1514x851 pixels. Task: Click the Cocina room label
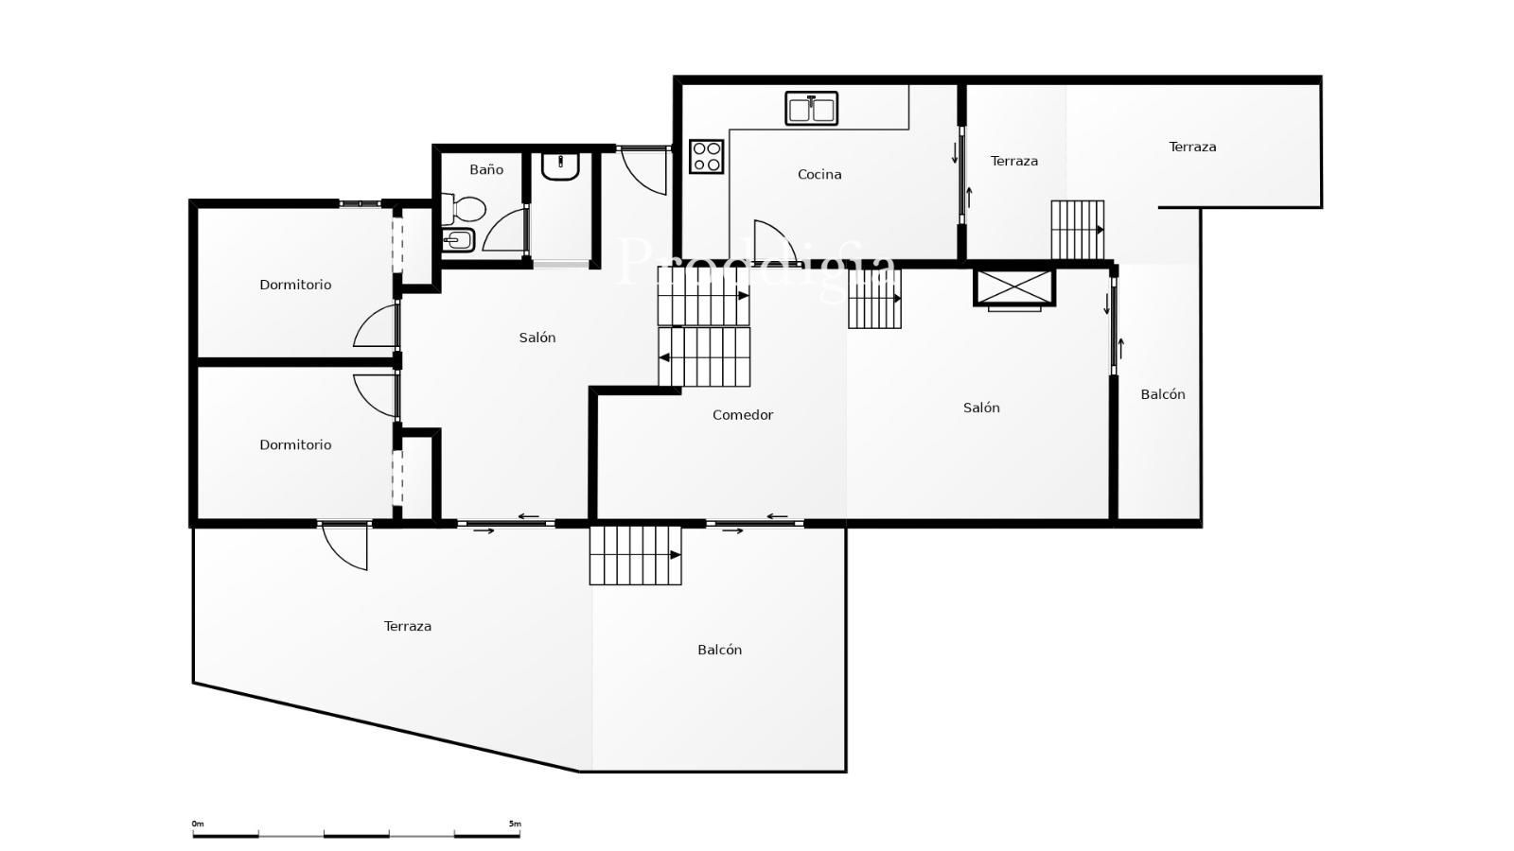click(819, 174)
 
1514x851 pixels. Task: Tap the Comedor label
click(742, 415)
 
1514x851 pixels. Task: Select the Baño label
click(486, 169)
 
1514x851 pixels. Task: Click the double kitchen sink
click(811, 109)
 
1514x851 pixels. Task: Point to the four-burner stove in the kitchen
click(706, 156)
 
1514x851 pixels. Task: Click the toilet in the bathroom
click(464, 209)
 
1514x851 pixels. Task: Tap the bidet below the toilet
click(458, 240)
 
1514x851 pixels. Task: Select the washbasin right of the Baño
click(560, 166)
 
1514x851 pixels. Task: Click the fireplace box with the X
click(1013, 287)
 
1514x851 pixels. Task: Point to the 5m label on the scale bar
click(515, 824)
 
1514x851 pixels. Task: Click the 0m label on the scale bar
click(198, 824)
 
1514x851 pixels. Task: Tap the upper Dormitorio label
click(295, 285)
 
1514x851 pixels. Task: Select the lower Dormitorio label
click(295, 444)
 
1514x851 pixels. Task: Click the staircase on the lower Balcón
click(635, 555)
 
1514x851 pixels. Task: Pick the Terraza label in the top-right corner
click(1192, 147)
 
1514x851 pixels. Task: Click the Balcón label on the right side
click(1163, 394)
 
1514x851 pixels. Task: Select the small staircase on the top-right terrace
click(1078, 230)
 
